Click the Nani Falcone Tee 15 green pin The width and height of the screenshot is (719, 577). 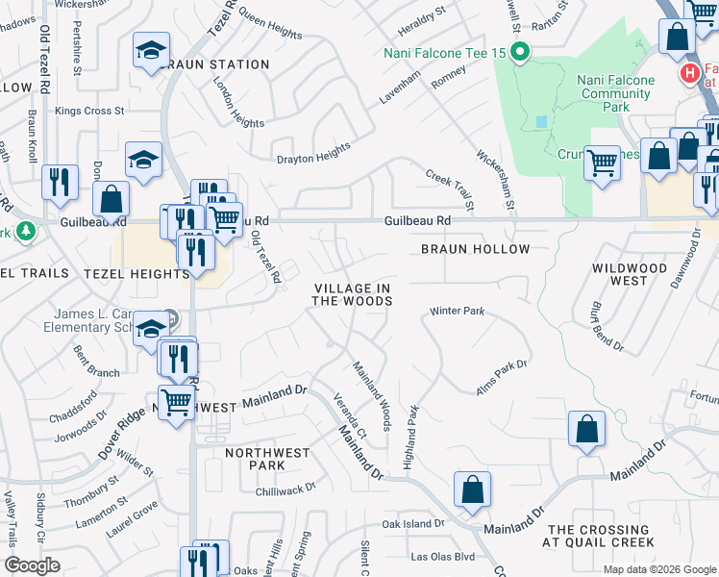tap(520, 52)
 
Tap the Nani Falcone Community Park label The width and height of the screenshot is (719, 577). tap(616, 87)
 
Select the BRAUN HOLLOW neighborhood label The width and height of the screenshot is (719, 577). tap(475, 249)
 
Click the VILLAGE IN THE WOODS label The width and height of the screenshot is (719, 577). tap(352, 294)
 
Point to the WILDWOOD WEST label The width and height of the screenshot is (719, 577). tap(632, 273)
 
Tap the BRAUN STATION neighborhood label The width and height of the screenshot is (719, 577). tap(216, 64)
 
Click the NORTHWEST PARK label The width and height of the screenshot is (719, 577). tap(267, 459)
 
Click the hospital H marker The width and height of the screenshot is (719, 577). tap(688, 73)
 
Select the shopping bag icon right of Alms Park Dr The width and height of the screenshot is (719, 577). tap(586, 429)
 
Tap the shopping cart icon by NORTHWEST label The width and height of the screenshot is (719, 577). tap(176, 400)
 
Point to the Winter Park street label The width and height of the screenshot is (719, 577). tap(457, 312)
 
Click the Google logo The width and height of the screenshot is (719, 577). tap(33, 565)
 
